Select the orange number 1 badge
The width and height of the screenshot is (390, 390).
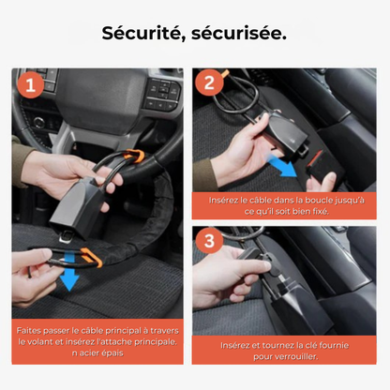tap(31, 86)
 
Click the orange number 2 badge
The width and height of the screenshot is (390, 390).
tap(210, 82)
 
